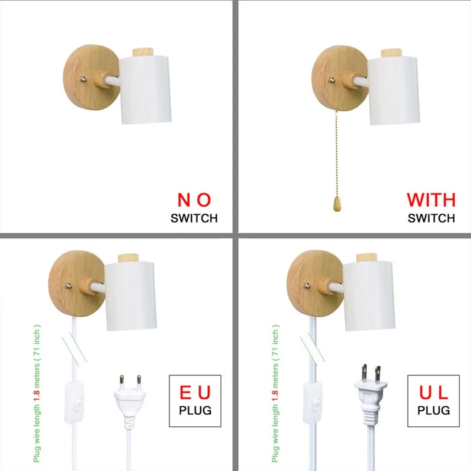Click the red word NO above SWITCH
tap(194, 200)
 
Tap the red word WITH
tap(431, 200)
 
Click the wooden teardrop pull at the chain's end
tap(337, 204)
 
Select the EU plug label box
tap(195, 401)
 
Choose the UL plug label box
tap(433, 401)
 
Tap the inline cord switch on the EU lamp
tap(74, 402)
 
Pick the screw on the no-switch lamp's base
tap(84, 79)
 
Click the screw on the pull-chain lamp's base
tap(332, 80)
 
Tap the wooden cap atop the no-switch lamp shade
tap(143, 52)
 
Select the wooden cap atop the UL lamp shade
tap(366, 258)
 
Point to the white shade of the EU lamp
tap(131, 296)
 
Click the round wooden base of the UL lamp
tap(315, 283)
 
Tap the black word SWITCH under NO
tap(194, 218)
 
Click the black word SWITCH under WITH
tap(431, 218)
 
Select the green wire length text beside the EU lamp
tap(37, 393)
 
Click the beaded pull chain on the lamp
tap(336, 153)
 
